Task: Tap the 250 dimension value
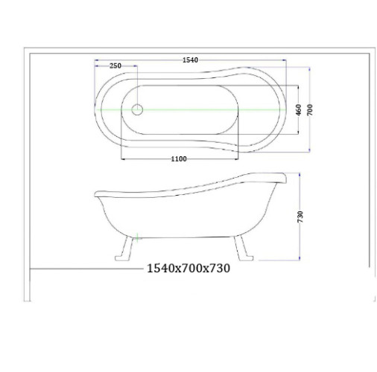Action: coord(115,66)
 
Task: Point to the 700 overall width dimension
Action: coord(310,109)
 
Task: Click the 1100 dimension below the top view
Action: coord(179,159)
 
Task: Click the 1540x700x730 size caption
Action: coord(188,269)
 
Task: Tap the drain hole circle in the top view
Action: coord(137,109)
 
